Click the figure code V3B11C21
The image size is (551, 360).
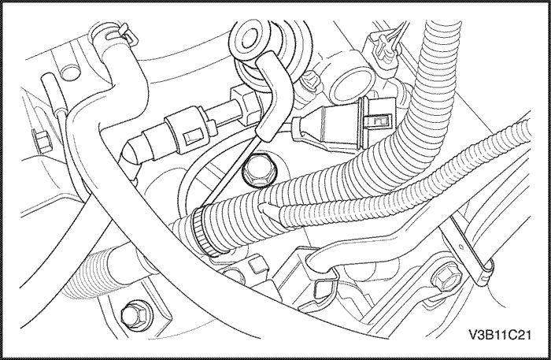[500, 335]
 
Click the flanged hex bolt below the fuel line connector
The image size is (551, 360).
[260, 171]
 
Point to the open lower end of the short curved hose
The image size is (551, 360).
[264, 135]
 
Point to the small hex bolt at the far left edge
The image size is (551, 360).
[43, 141]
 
